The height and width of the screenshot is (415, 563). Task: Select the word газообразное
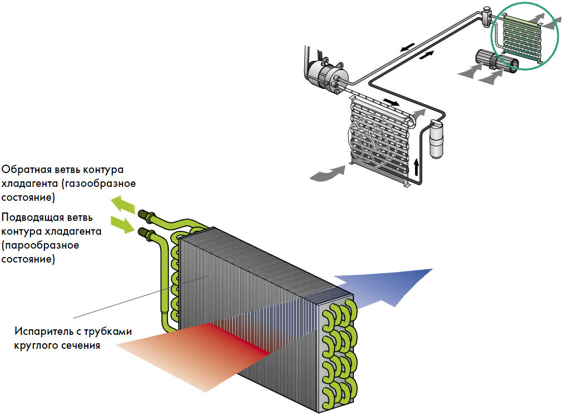click(98, 184)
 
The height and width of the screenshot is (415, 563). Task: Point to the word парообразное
click(40, 245)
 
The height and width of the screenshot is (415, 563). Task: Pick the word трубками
click(108, 332)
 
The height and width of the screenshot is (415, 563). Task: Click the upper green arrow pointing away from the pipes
click(122, 205)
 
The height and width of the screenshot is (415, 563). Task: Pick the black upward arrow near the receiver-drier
click(416, 166)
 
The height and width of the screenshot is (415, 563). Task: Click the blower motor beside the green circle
click(496, 61)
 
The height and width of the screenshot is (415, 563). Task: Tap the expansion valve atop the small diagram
click(487, 16)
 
